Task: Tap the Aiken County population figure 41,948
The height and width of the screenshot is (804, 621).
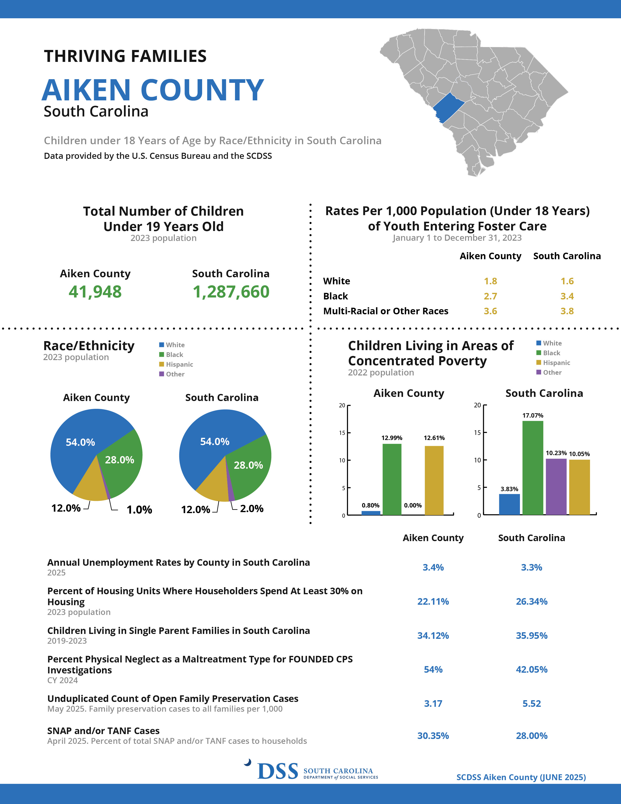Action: [x=95, y=292]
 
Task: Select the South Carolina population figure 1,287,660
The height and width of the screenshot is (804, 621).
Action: [x=231, y=292]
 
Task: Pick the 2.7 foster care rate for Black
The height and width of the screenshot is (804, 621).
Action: [x=490, y=296]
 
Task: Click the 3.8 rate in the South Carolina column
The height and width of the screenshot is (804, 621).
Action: [x=567, y=311]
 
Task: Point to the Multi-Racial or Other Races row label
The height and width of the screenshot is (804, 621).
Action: [x=386, y=311]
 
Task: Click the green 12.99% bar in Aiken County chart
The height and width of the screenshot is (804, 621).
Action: [x=392, y=479]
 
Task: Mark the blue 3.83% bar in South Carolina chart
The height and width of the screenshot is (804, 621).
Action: [x=509, y=504]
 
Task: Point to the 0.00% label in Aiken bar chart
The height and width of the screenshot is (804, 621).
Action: [x=413, y=506]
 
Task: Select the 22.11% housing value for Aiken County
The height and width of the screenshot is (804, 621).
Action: [x=433, y=602]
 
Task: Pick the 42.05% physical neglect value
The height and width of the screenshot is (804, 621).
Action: [x=532, y=669]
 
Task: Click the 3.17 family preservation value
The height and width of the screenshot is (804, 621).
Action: [x=433, y=704]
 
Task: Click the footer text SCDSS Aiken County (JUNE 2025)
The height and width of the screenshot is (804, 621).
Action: [x=521, y=777]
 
